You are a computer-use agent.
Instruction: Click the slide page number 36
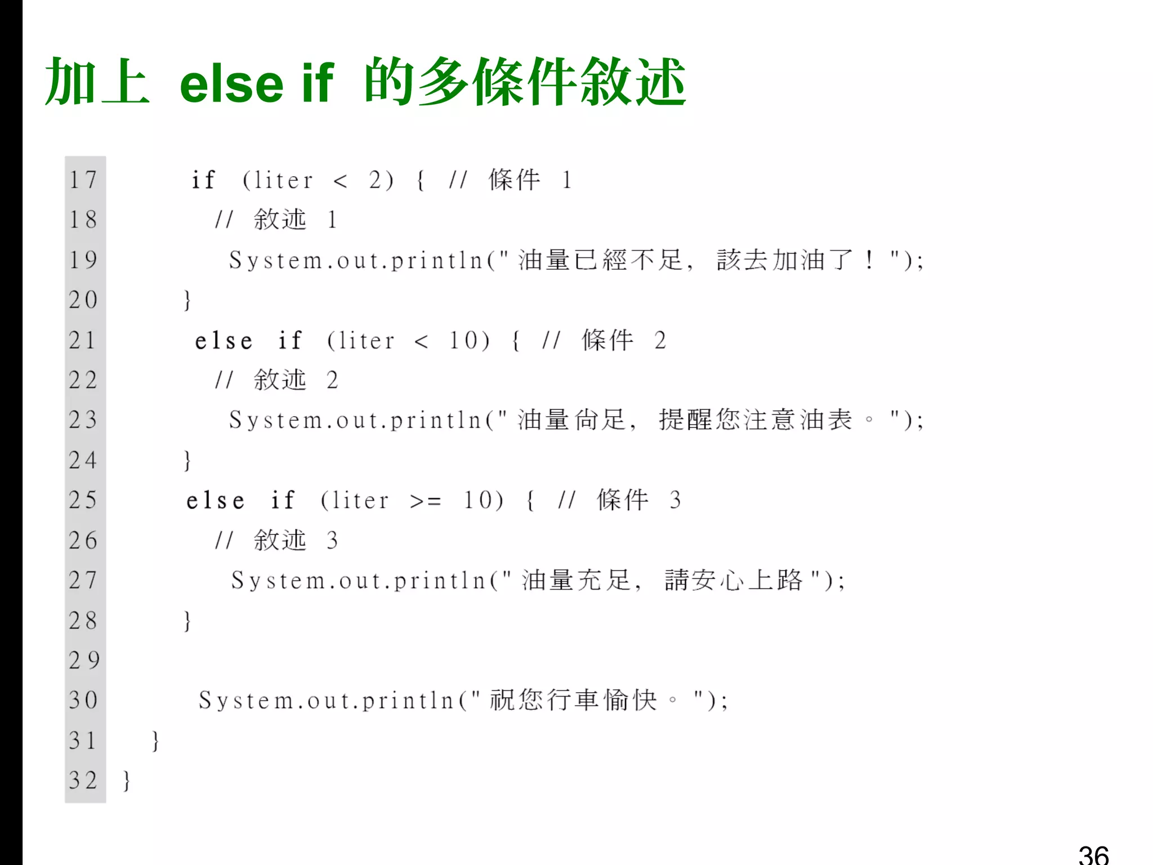point(1093,854)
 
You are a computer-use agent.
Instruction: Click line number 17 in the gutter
point(83,180)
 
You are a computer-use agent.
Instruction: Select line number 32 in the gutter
point(83,780)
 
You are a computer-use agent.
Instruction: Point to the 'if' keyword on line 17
point(203,180)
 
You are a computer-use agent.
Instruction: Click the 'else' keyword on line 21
point(224,341)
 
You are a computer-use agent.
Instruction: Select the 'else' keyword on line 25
point(216,500)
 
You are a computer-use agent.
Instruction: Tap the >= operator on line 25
point(426,501)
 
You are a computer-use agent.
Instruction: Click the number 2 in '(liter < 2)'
point(376,180)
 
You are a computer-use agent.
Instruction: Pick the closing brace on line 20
point(187,300)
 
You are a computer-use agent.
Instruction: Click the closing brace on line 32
point(127,781)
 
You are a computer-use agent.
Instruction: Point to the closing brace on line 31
point(156,741)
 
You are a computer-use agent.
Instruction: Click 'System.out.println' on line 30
point(327,701)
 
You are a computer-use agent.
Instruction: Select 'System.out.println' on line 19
point(356,260)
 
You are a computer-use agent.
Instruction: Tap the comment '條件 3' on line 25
point(639,500)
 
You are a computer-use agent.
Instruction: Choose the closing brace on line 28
point(187,621)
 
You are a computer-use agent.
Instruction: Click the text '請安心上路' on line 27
point(733,581)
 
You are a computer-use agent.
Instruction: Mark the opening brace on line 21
point(516,341)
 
